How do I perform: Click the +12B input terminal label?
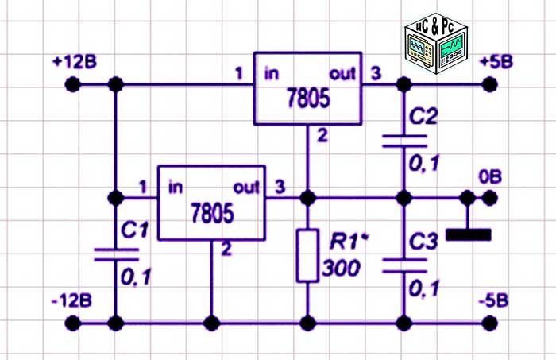pyautogui.click(x=75, y=62)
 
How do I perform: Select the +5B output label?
pyautogui.click(x=497, y=62)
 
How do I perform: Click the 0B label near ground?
pyautogui.click(x=490, y=176)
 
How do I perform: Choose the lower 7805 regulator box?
pyautogui.click(x=210, y=203)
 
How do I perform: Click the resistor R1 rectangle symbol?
pyautogui.click(x=307, y=254)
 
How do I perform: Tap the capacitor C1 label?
pyautogui.click(x=131, y=231)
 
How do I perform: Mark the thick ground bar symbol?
pyautogui.click(x=469, y=235)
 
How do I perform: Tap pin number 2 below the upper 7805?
pyautogui.click(x=322, y=136)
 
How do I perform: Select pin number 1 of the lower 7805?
pyautogui.click(x=143, y=188)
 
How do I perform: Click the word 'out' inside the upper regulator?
pyautogui.click(x=343, y=74)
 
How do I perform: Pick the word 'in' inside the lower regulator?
pyautogui.click(x=176, y=188)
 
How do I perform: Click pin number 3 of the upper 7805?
pyautogui.click(x=376, y=74)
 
